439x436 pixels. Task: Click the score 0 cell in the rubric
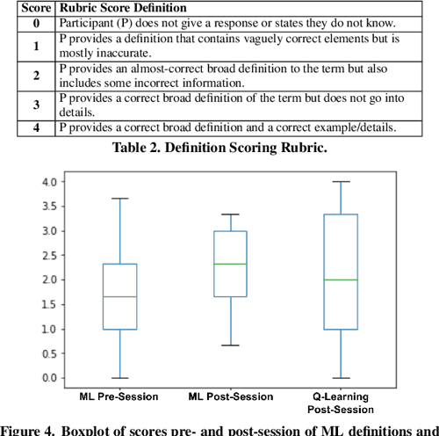(x=36, y=24)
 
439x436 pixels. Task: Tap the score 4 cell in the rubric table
(x=36, y=128)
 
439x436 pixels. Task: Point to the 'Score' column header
(x=36, y=9)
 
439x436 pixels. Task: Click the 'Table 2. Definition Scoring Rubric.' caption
(x=219, y=147)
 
